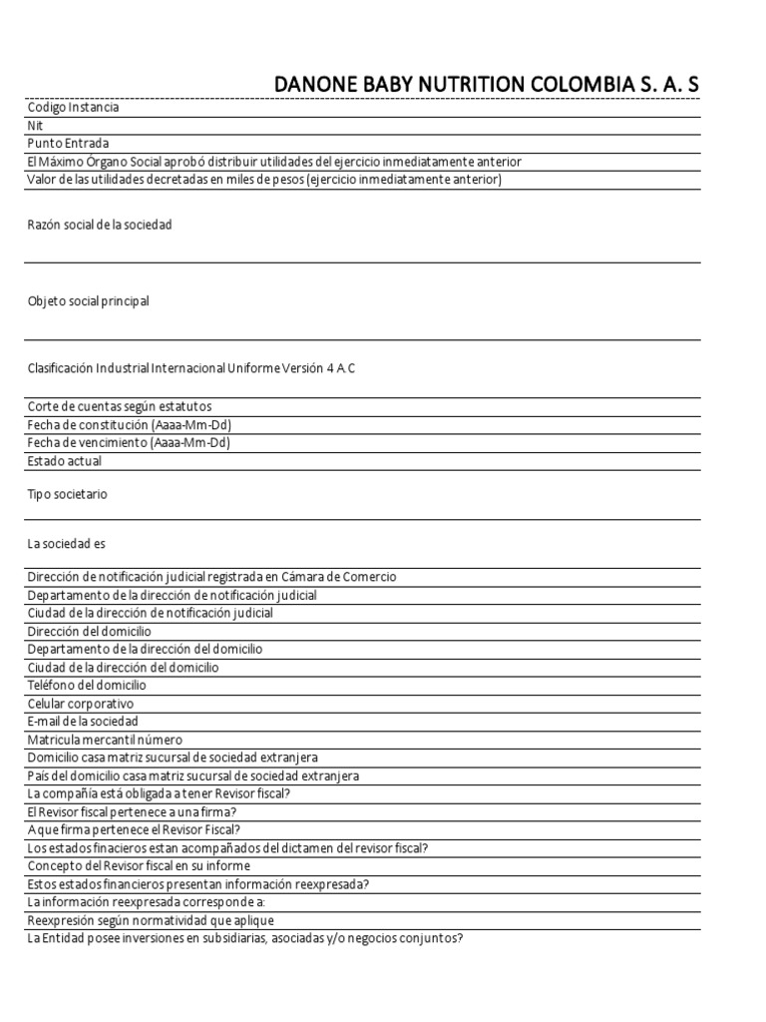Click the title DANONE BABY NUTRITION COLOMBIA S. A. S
pyautogui.click(x=487, y=86)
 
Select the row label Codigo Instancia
pyautogui.click(x=74, y=107)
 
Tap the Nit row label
pyautogui.click(x=36, y=126)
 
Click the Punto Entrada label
pyautogui.click(x=69, y=144)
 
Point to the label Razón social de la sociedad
pyautogui.click(x=100, y=225)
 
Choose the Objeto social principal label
pyautogui.click(x=89, y=301)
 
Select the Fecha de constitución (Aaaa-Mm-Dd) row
pyautogui.click(x=130, y=424)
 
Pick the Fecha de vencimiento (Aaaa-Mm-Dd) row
pyautogui.click(x=129, y=442)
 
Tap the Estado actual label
pyautogui.click(x=65, y=461)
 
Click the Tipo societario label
pyautogui.click(x=68, y=494)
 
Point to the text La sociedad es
pyautogui.click(x=66, y=544)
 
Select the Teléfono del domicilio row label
pyautogui.click(x=87, y=686)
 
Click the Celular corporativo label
pyautogui.click(x=81, y=704)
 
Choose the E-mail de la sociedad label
pyautogui.click(x=83, y=722)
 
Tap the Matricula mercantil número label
pyautogui.click(x=106, y=740)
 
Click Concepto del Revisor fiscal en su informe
pyautogui.click(x=139, y=866)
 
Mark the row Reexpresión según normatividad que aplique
pyautogui.click(x=151, y=920)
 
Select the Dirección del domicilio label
pyautogui.click(x=90, y=632)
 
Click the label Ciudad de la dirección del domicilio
pyautogui.click(x=124, y=668)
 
